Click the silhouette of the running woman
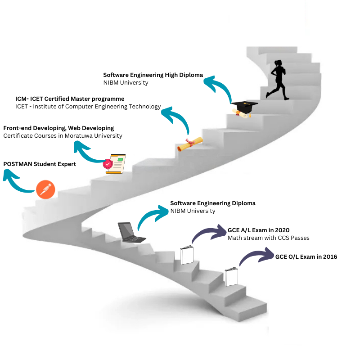tap(275, 79)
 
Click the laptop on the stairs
tap(130, 232)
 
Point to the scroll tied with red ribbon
tap(190, 144)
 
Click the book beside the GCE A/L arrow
tap(186, 255)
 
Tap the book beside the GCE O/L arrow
tap(231, 276)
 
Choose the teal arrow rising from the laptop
tap(151, 215)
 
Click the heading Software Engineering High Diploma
tap(153, 75)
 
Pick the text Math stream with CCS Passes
tap(268, 238)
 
